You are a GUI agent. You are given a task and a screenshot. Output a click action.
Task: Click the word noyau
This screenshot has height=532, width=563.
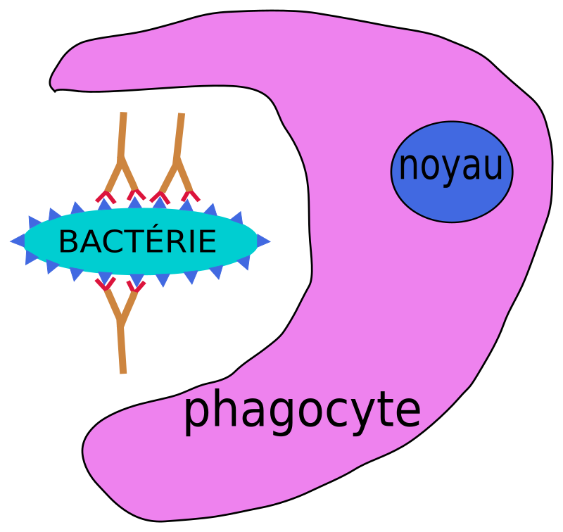tap(451, 167)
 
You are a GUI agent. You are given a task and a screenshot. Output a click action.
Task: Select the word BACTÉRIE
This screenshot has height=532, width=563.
tap(137, 242)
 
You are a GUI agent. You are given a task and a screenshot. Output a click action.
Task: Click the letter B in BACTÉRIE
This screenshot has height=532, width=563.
tap(68, 242)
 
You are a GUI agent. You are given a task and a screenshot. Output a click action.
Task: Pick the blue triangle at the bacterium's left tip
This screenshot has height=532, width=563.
tap(18, 241)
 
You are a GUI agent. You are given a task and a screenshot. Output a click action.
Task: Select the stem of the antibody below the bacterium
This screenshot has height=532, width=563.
tap(122, 348)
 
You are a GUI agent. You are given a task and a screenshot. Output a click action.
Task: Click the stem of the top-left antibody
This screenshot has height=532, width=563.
tap(123, 134)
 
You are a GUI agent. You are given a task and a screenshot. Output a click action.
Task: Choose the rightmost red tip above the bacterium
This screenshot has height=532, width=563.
tap(189, 196)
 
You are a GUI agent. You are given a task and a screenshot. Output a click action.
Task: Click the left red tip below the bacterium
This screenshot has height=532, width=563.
tap(105, 284)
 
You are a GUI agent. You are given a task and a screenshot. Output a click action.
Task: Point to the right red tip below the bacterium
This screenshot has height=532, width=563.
tap(136, 285)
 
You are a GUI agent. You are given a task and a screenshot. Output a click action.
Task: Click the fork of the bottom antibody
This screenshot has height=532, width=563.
tap(121, 315)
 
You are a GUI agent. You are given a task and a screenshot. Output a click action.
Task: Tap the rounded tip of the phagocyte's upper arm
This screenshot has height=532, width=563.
tap(58, 77)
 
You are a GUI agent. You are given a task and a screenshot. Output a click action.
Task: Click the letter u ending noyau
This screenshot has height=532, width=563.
tap(494, 169)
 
